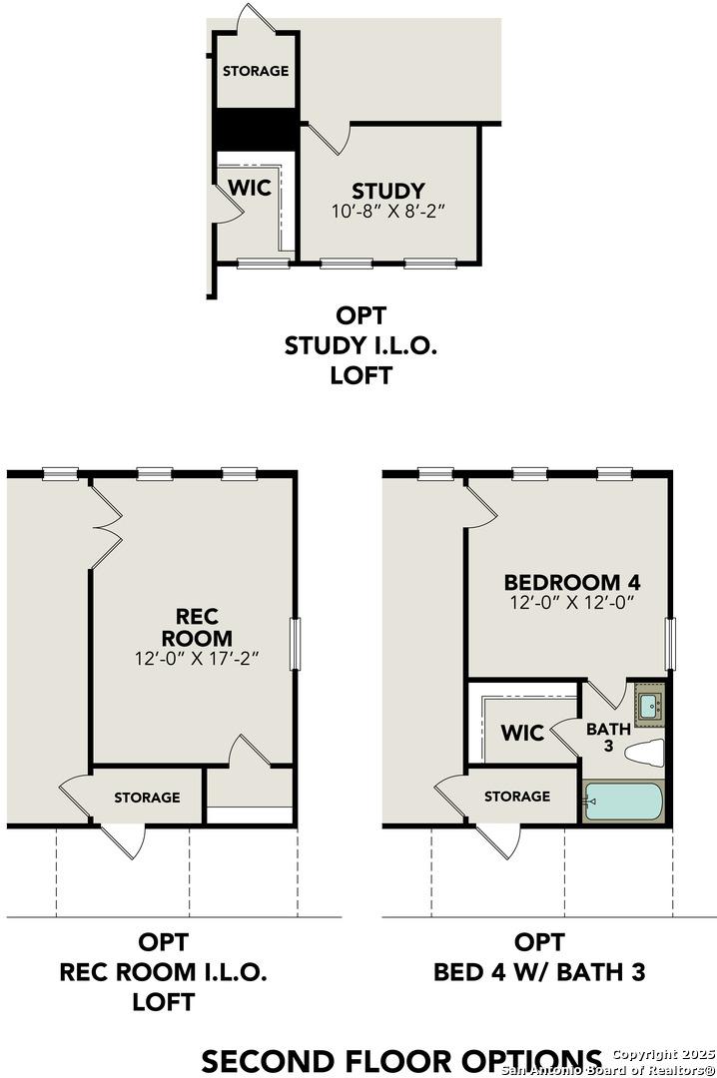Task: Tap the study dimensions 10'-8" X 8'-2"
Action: point(386,212)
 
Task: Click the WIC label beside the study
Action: point(250,188)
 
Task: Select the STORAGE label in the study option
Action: point(256,71)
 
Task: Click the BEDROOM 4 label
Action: point(571,583)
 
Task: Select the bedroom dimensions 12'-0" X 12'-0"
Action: point(571,603)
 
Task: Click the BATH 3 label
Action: point(608,737)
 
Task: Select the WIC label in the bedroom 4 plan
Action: point(522,734)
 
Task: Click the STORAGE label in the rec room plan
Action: point(147,797)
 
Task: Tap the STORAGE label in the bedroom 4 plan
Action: point(517,796)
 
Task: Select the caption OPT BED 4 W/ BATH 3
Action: point(538,955)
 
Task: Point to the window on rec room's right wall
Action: point(296,644)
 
